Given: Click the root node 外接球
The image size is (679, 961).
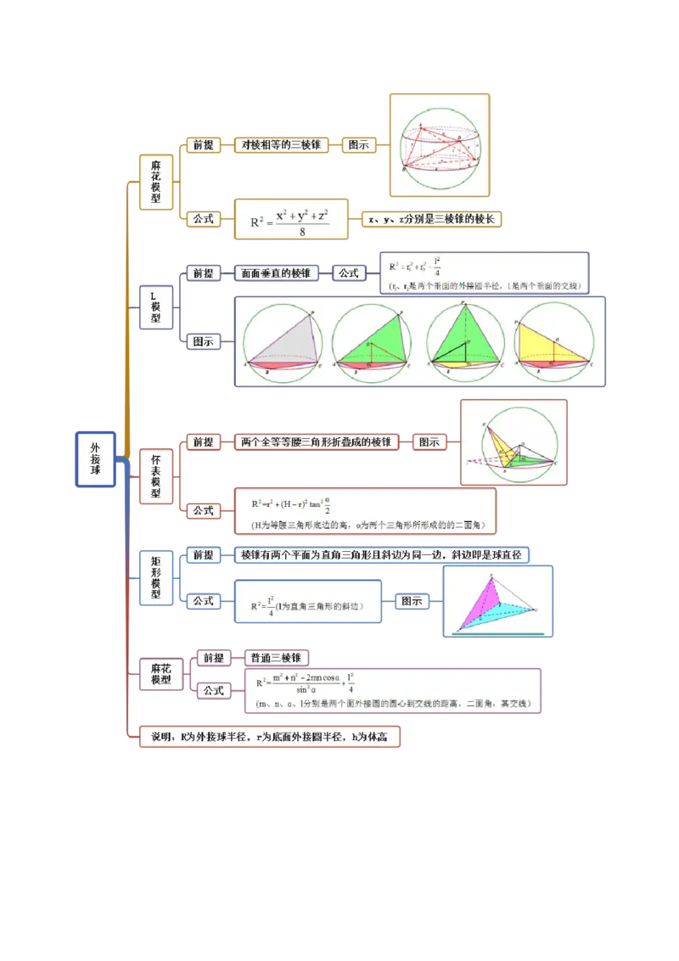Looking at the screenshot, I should (x=95, y=458).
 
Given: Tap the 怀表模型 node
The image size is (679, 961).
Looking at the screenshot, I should (x=156, y=476).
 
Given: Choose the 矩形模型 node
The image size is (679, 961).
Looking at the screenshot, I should (x=156, y=577).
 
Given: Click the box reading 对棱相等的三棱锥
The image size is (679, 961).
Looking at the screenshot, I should (x=280, y=145).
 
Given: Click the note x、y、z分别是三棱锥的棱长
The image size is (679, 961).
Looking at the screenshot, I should (x=432, y=219).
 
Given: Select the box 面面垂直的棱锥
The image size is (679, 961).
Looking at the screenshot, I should (x=274, y=273).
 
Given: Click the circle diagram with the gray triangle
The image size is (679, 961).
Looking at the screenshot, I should (x=283, y=343).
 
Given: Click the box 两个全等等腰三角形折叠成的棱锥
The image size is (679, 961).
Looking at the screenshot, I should (x=316, y=442).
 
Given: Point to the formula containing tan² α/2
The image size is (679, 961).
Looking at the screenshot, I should (x=365, y=510).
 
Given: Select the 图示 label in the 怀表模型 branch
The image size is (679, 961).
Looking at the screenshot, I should (x=429, y=442).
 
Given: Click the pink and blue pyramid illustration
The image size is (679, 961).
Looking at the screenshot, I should (x=498, y=601).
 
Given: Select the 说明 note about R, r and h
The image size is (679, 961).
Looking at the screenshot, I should (x=269, y=737).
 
